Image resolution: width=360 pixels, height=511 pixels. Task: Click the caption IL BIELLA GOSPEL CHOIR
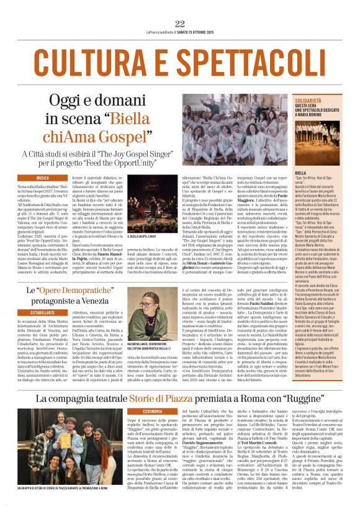pyautogui.click(x=143, y=237)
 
